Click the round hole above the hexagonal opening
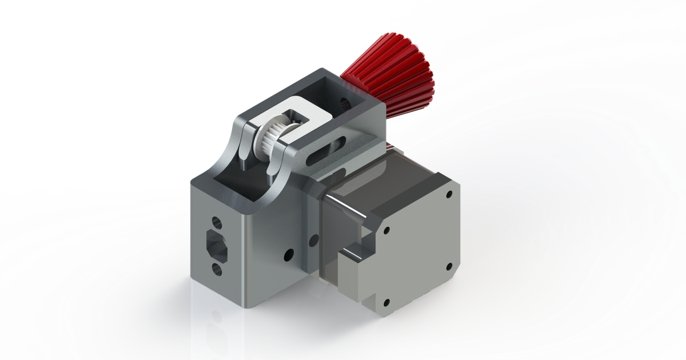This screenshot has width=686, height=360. (216, 221)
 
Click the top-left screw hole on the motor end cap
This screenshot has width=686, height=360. (386, 231)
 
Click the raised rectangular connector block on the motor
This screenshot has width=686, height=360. (354, 274)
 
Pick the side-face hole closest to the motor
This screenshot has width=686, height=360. (313, 240)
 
